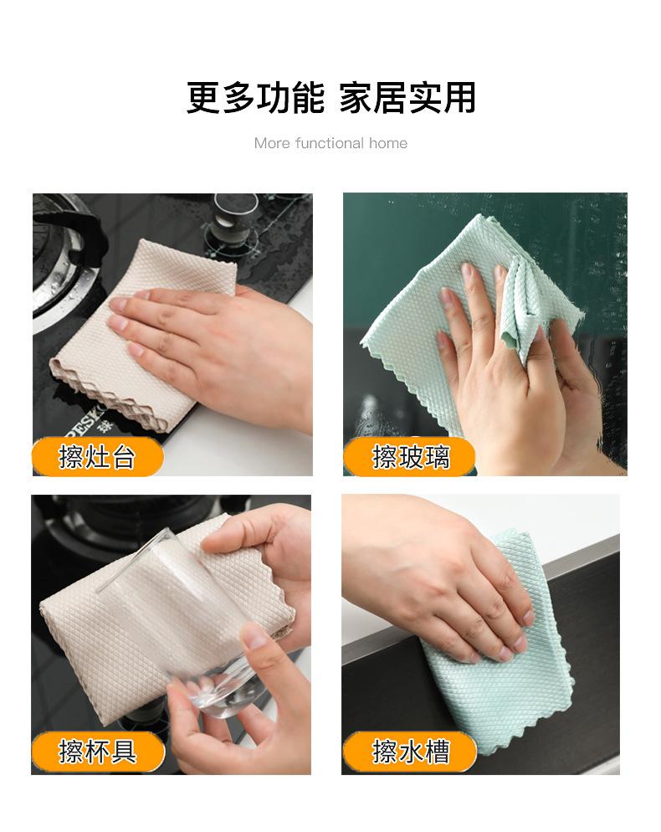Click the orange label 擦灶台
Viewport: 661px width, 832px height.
(98, 457)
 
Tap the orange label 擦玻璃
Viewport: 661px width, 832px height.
(409, 457)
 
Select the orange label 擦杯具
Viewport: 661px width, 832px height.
(98, 752)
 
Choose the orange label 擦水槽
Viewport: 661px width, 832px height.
(409, 752)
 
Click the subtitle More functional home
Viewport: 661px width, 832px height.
(330, 143)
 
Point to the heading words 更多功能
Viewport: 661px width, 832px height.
(255, 98)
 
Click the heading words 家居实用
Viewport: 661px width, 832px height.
(407, 98)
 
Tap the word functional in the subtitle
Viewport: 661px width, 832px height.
(329, 143)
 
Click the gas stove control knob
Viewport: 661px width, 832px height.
(234, 218)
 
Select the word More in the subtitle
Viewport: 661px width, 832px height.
(272, 143)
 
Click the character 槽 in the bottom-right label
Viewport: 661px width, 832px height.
(437, 752)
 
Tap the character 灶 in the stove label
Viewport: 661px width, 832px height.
(98, 457)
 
